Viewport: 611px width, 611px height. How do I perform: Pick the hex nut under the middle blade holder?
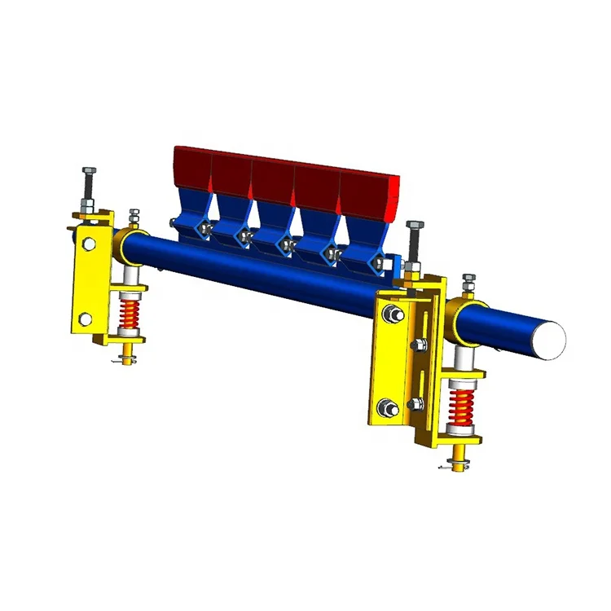pyautogui.click(x=286, y=243)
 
